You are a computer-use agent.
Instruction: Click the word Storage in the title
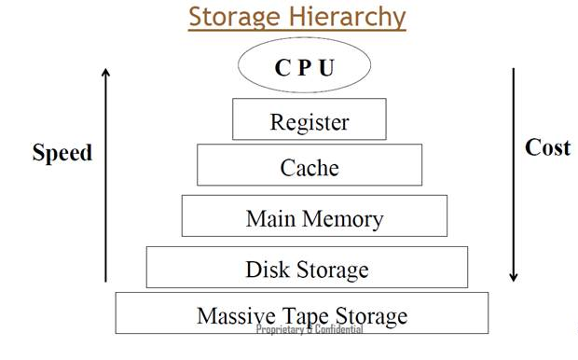[x=233, y=17]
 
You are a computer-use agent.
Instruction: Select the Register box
[x=309, y=120]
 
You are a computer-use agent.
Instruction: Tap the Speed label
[x=62, y=153]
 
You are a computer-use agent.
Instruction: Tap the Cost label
[x=547, y=147]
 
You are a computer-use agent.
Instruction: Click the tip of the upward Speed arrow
[x=106, y=71]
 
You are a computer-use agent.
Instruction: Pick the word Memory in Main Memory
[x=339, y=218]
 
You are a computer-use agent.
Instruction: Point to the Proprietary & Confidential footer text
[x=309, y=330]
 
